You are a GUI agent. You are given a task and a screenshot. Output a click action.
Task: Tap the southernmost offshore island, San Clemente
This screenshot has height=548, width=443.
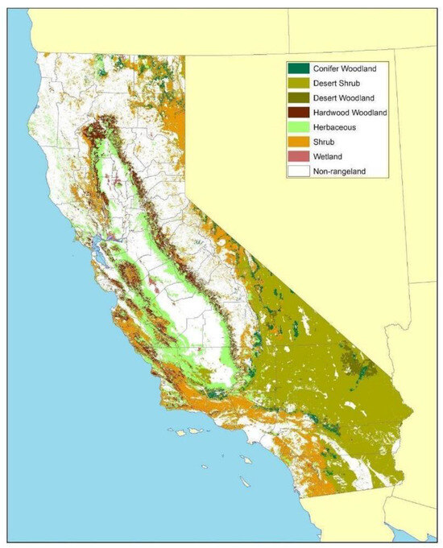coord(243,483)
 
